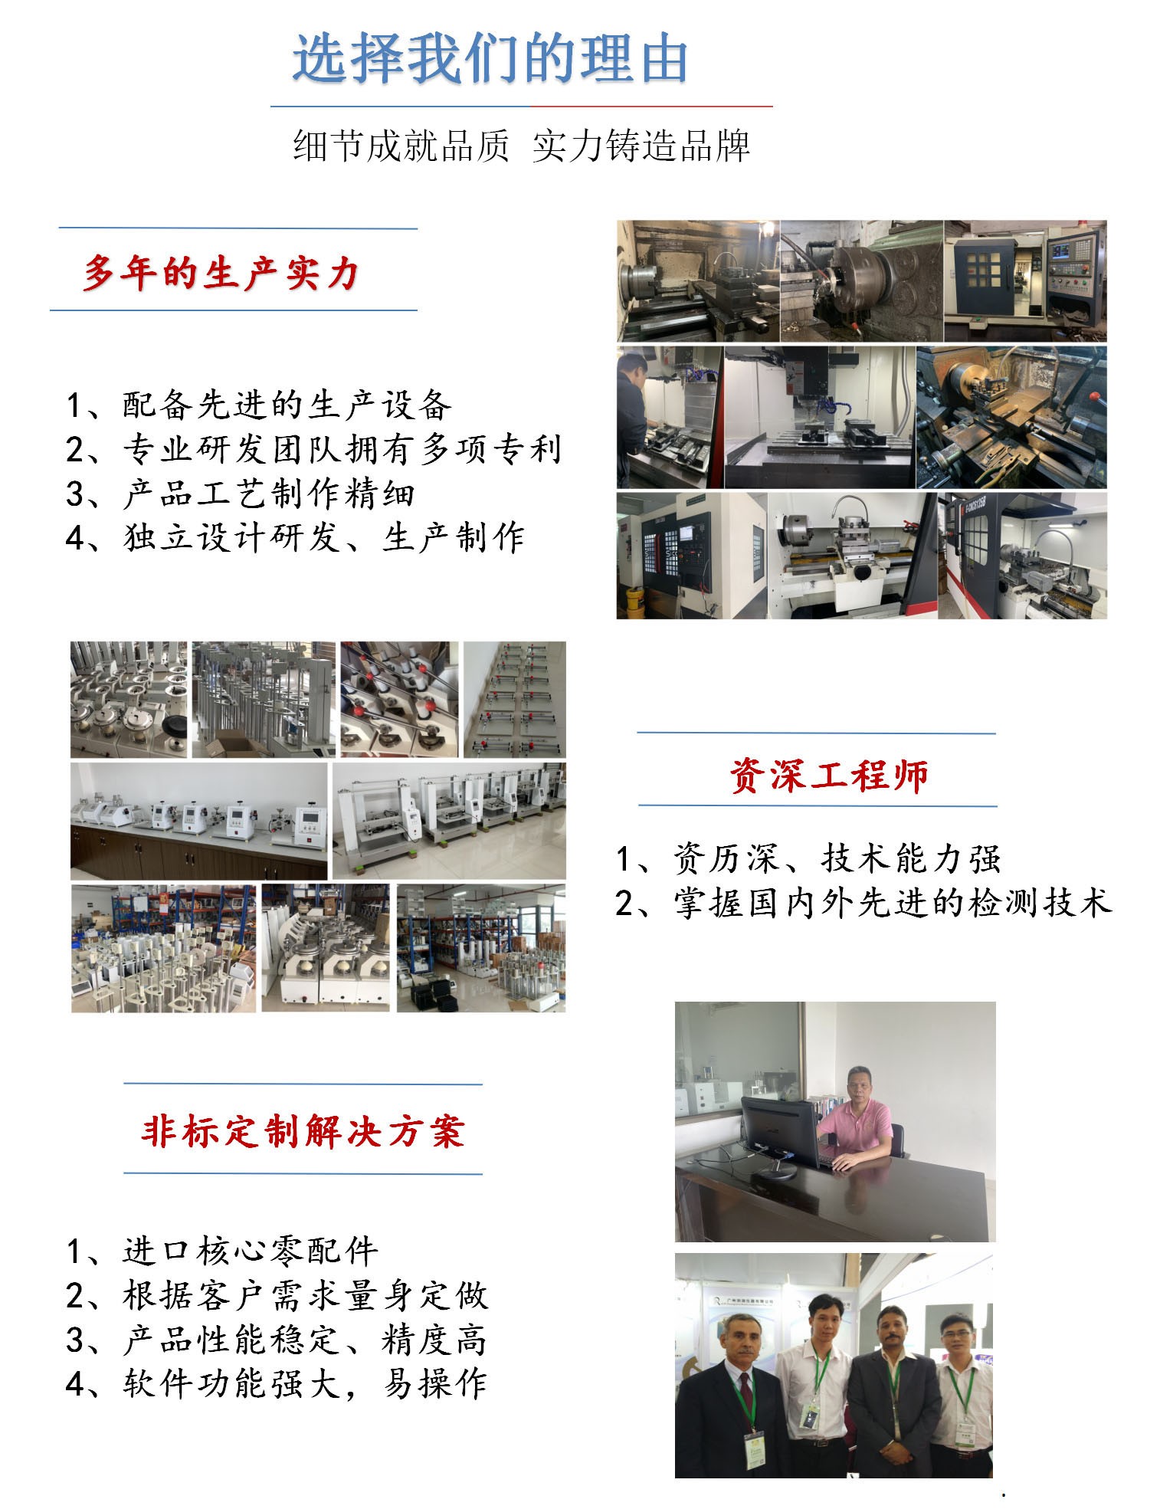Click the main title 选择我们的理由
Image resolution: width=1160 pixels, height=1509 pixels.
point(490,59)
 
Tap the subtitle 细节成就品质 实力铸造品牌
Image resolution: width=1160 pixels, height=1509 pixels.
point(521,146)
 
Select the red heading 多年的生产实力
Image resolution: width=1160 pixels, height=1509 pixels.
point(221,273)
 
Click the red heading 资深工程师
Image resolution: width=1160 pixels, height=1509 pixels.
point(829,776)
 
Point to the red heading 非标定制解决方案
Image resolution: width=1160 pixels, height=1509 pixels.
point(303,1131)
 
